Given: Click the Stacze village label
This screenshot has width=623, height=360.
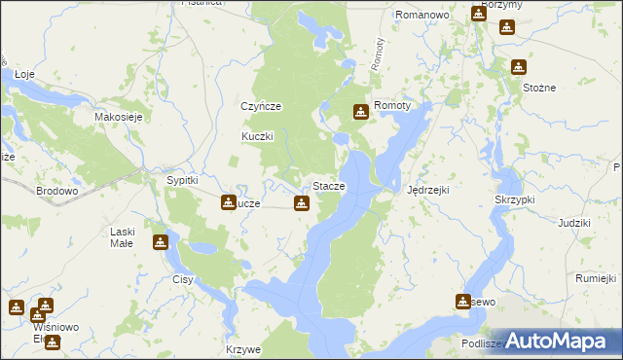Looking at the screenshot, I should (x=328, y=186).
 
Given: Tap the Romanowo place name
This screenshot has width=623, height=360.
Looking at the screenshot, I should (x=420, y=16).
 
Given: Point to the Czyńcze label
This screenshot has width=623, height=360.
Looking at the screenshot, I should (x=261, y=106).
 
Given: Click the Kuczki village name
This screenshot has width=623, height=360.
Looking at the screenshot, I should (x=259, y=137).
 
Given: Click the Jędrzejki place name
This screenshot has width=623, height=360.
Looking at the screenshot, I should (x=427, y=190).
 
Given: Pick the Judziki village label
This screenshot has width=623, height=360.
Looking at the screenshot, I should (x=574, y=223).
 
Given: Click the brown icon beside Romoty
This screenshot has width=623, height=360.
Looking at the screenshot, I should (x=361, y=112).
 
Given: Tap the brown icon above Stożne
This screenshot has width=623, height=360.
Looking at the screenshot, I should (x=519, y=67).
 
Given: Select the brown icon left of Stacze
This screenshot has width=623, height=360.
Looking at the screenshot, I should (x=302, y=203).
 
